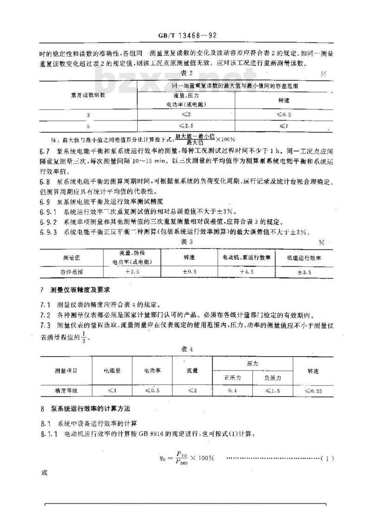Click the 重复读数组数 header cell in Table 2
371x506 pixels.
pyautogui.click(x=88, y=96)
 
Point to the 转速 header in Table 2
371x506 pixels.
pyautogui.click(x=283, y=101)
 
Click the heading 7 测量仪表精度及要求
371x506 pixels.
pyautogui.click(x=74, y=290)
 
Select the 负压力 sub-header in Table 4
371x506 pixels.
pyautogui.click(x=273, y=378)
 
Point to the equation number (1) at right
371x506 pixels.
pyautogui.click(x=327, y=459)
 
